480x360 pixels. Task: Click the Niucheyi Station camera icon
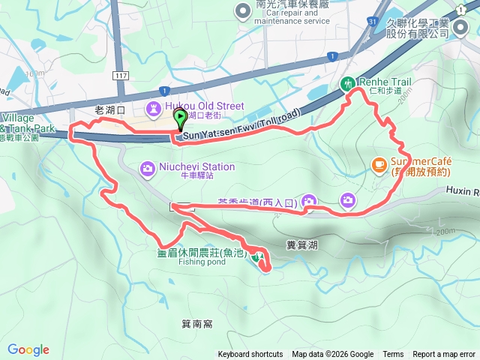coord(147,166)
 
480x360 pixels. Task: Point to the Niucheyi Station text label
coord(197,166)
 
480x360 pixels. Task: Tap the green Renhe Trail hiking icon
coord(347,84)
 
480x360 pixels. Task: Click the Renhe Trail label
coord(383,81)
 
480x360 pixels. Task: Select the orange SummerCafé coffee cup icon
coord(379,163)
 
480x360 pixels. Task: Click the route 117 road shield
coord(121,76)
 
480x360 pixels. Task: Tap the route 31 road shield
coord(372,22)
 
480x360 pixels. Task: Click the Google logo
coord(28,349)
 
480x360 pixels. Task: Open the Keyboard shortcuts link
coord(250,355)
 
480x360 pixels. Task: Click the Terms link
coord(393,355)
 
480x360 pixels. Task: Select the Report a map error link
coord(444,355)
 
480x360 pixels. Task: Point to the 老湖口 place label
coord(111,109)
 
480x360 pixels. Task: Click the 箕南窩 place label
coord(197,324)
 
